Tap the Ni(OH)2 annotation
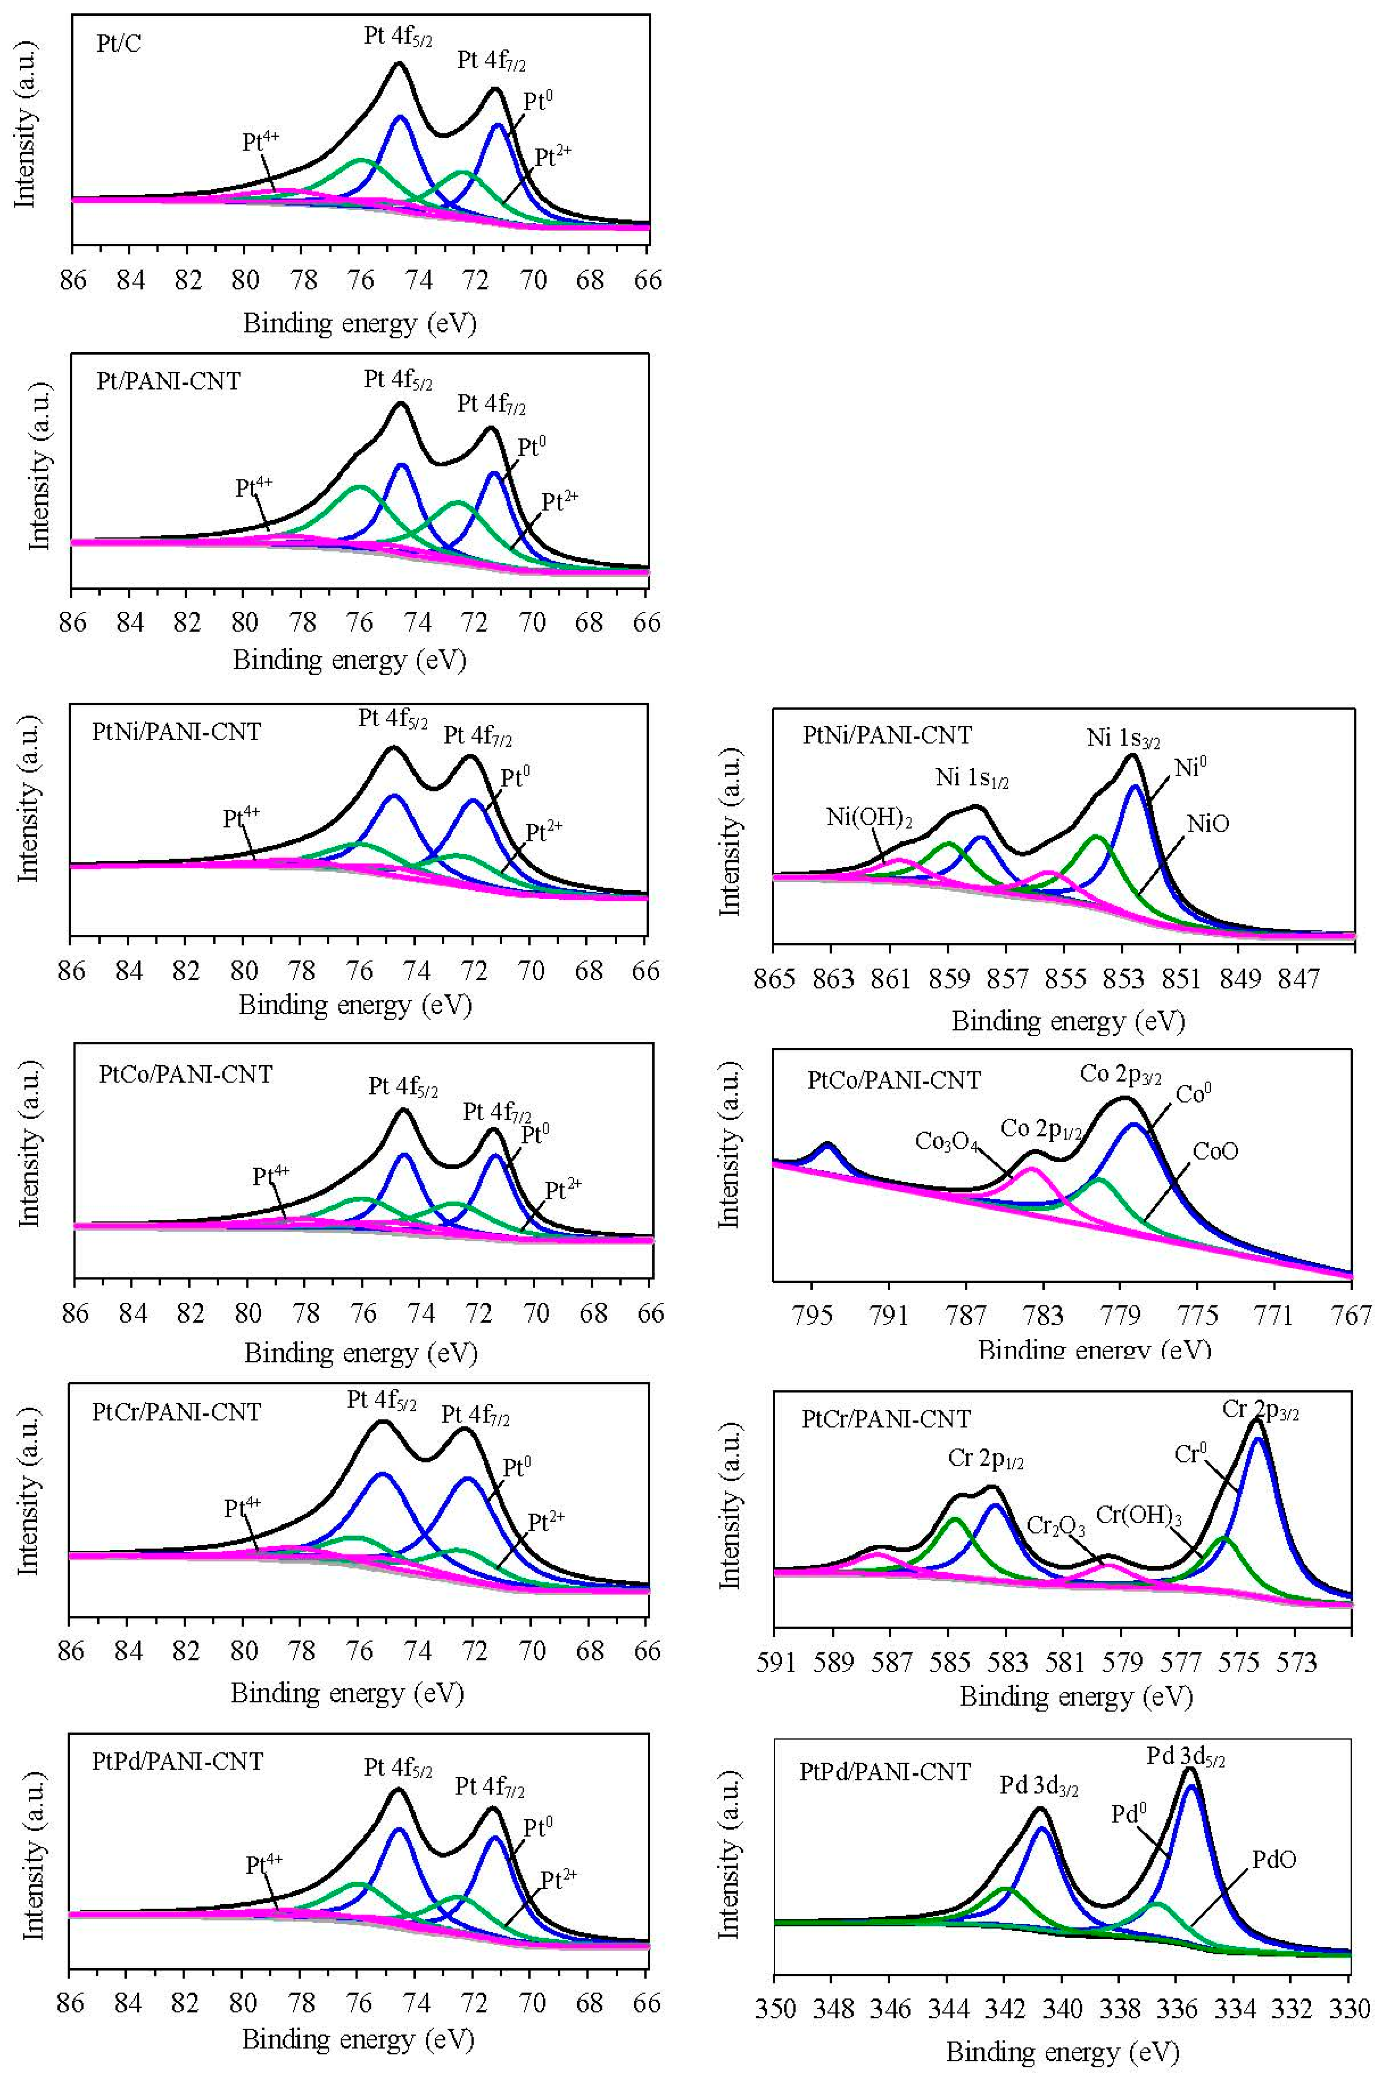(869, 817)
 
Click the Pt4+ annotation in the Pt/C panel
(261, 142)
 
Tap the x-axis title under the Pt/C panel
(360, 324)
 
